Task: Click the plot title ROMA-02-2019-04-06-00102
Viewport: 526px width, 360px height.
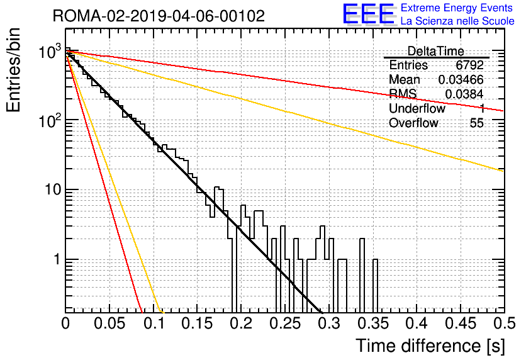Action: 159,16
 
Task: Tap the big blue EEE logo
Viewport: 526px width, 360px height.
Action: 368,14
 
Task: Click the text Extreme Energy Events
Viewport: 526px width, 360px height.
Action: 457,8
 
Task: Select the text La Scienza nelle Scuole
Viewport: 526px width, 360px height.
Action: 457,21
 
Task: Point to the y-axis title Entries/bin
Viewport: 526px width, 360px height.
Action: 13,70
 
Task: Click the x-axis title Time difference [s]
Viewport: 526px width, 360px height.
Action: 430,346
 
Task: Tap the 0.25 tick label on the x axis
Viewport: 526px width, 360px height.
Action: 286,323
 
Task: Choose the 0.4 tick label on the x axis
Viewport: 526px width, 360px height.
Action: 417,323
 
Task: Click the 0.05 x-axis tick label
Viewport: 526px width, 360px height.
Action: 109,323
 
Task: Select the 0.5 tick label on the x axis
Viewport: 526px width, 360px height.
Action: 504,323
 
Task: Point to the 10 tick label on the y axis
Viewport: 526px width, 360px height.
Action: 52,189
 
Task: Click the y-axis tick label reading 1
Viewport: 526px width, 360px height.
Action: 57,259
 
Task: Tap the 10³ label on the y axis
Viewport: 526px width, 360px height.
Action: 50,52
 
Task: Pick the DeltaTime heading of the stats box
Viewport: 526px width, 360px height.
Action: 436,51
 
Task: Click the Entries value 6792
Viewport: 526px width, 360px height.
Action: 469,65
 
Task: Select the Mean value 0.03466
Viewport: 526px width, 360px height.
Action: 461,79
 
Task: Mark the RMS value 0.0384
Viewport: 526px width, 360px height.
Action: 464,94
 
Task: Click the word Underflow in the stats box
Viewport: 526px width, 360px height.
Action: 417,108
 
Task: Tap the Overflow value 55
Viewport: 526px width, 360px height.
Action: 477,123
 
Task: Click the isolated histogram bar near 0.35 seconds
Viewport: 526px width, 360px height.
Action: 376,286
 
